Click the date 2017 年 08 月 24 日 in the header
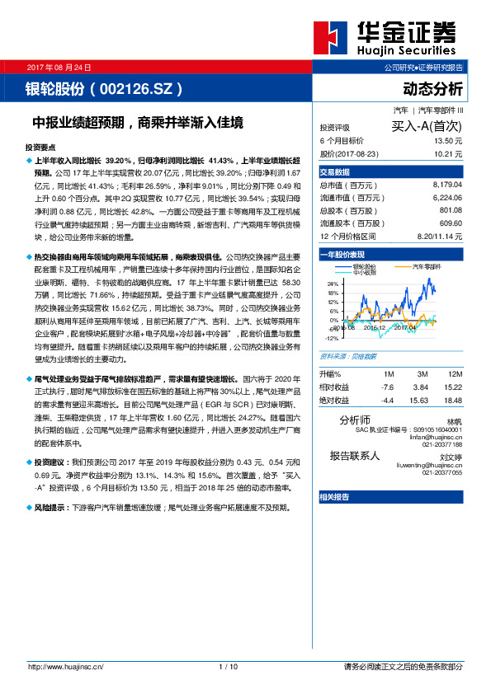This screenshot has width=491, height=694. (60, 67)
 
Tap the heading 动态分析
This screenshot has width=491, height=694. (432, 88)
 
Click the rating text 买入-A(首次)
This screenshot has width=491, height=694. (426, 127)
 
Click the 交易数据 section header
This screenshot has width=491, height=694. (335, 172)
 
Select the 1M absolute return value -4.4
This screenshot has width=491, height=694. (387, 400)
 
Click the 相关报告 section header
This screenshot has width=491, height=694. (334, 497)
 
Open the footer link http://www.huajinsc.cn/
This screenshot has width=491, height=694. (64, 666)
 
